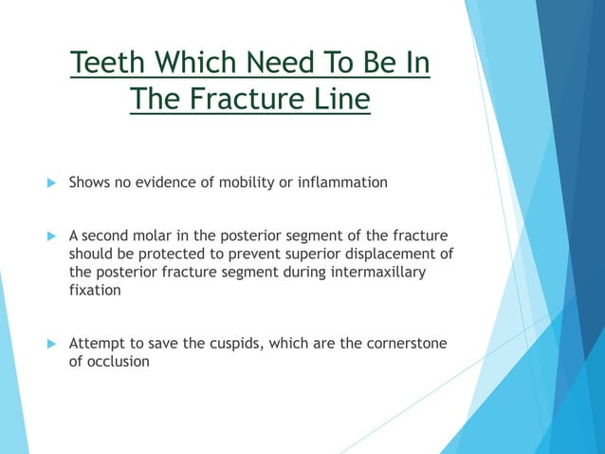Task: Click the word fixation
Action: (x=95, y=291)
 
